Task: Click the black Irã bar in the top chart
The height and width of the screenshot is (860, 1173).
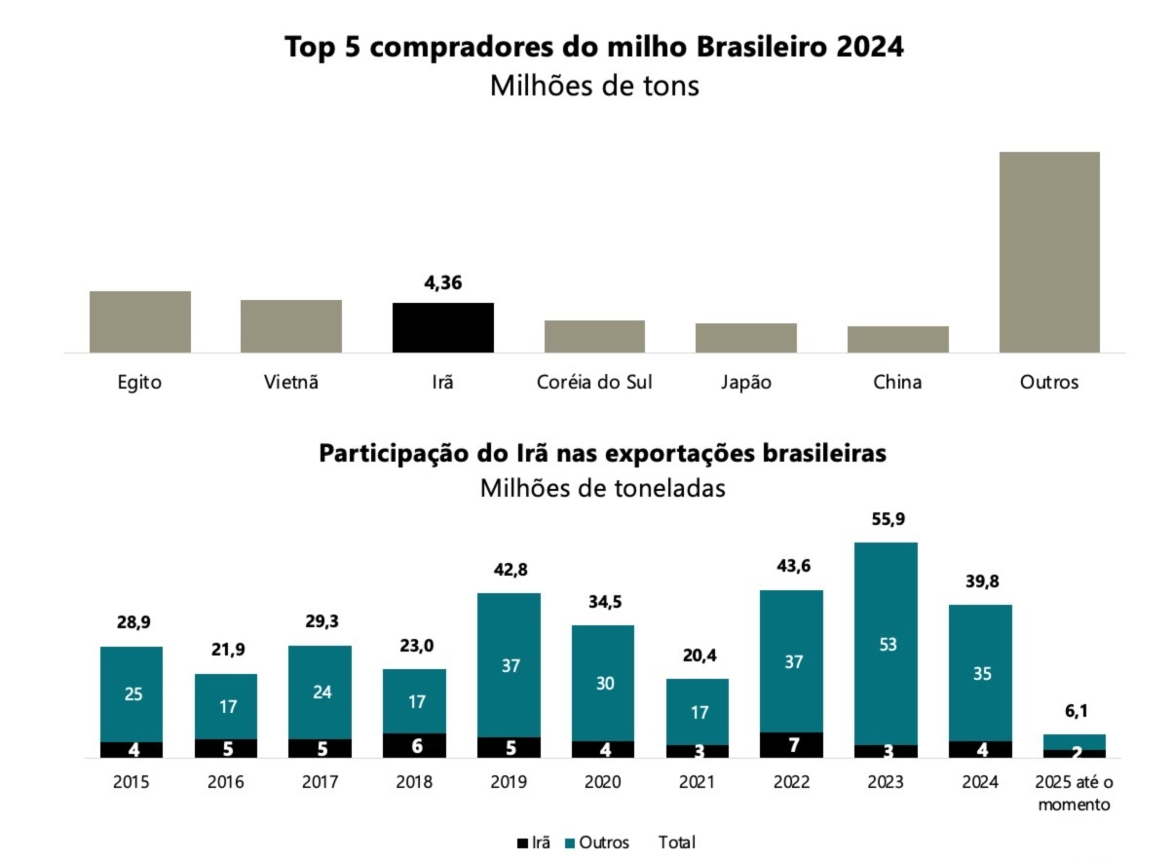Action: (442, 327)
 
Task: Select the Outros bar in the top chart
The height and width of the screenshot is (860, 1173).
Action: (1049, 251)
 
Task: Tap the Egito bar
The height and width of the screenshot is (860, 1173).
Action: (139, 321)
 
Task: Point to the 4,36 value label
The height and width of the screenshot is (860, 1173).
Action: (442, 284)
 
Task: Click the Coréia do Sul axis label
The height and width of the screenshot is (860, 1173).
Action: (594, 382)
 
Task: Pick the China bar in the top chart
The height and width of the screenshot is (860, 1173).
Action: (897, 339)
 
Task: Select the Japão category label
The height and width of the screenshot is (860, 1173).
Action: (745, 382)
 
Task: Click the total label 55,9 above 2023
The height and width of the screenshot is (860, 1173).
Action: (886, 519)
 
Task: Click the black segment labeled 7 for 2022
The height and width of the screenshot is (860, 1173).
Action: (791, 745)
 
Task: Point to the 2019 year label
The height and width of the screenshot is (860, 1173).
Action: (509, 782)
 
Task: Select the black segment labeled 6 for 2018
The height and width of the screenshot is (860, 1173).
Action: (414, 745)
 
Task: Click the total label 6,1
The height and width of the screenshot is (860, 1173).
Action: (1074, 712)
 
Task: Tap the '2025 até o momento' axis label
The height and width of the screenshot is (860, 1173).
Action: (1074, 793)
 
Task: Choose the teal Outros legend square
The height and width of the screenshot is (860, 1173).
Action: (570, 842)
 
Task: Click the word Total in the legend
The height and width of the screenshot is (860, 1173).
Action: (677, 842)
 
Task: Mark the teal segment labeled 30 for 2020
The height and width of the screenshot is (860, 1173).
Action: (602, 683)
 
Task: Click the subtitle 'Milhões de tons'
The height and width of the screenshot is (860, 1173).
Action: (594, 86)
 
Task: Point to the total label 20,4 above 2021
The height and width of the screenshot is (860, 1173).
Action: (697, 655)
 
